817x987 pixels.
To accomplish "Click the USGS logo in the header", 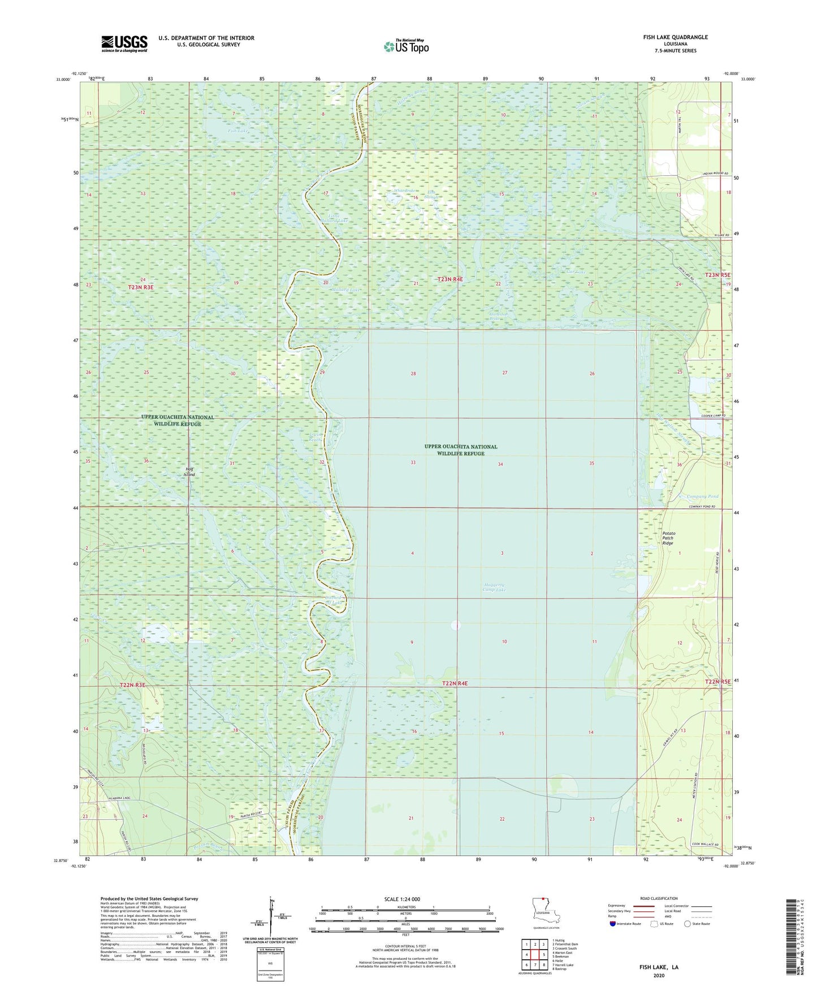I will click(124, 44).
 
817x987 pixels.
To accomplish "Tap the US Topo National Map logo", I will click(405, 46).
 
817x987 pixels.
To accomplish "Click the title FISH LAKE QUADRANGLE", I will click(675, 37).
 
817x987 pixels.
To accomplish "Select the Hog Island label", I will click(189, 471).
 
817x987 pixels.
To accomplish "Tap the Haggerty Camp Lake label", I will click(494, 587).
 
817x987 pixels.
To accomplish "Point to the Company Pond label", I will click(702, 497).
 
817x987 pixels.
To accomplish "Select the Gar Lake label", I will click(576, 272).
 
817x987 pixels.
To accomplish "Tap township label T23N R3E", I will click(140, 287).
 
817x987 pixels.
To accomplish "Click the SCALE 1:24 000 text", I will click(402, 899).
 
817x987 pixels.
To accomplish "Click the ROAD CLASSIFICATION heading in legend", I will click(659, 898).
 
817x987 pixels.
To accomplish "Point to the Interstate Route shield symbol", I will click(613, 924).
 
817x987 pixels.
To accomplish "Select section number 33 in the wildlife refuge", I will click(413, 463).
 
